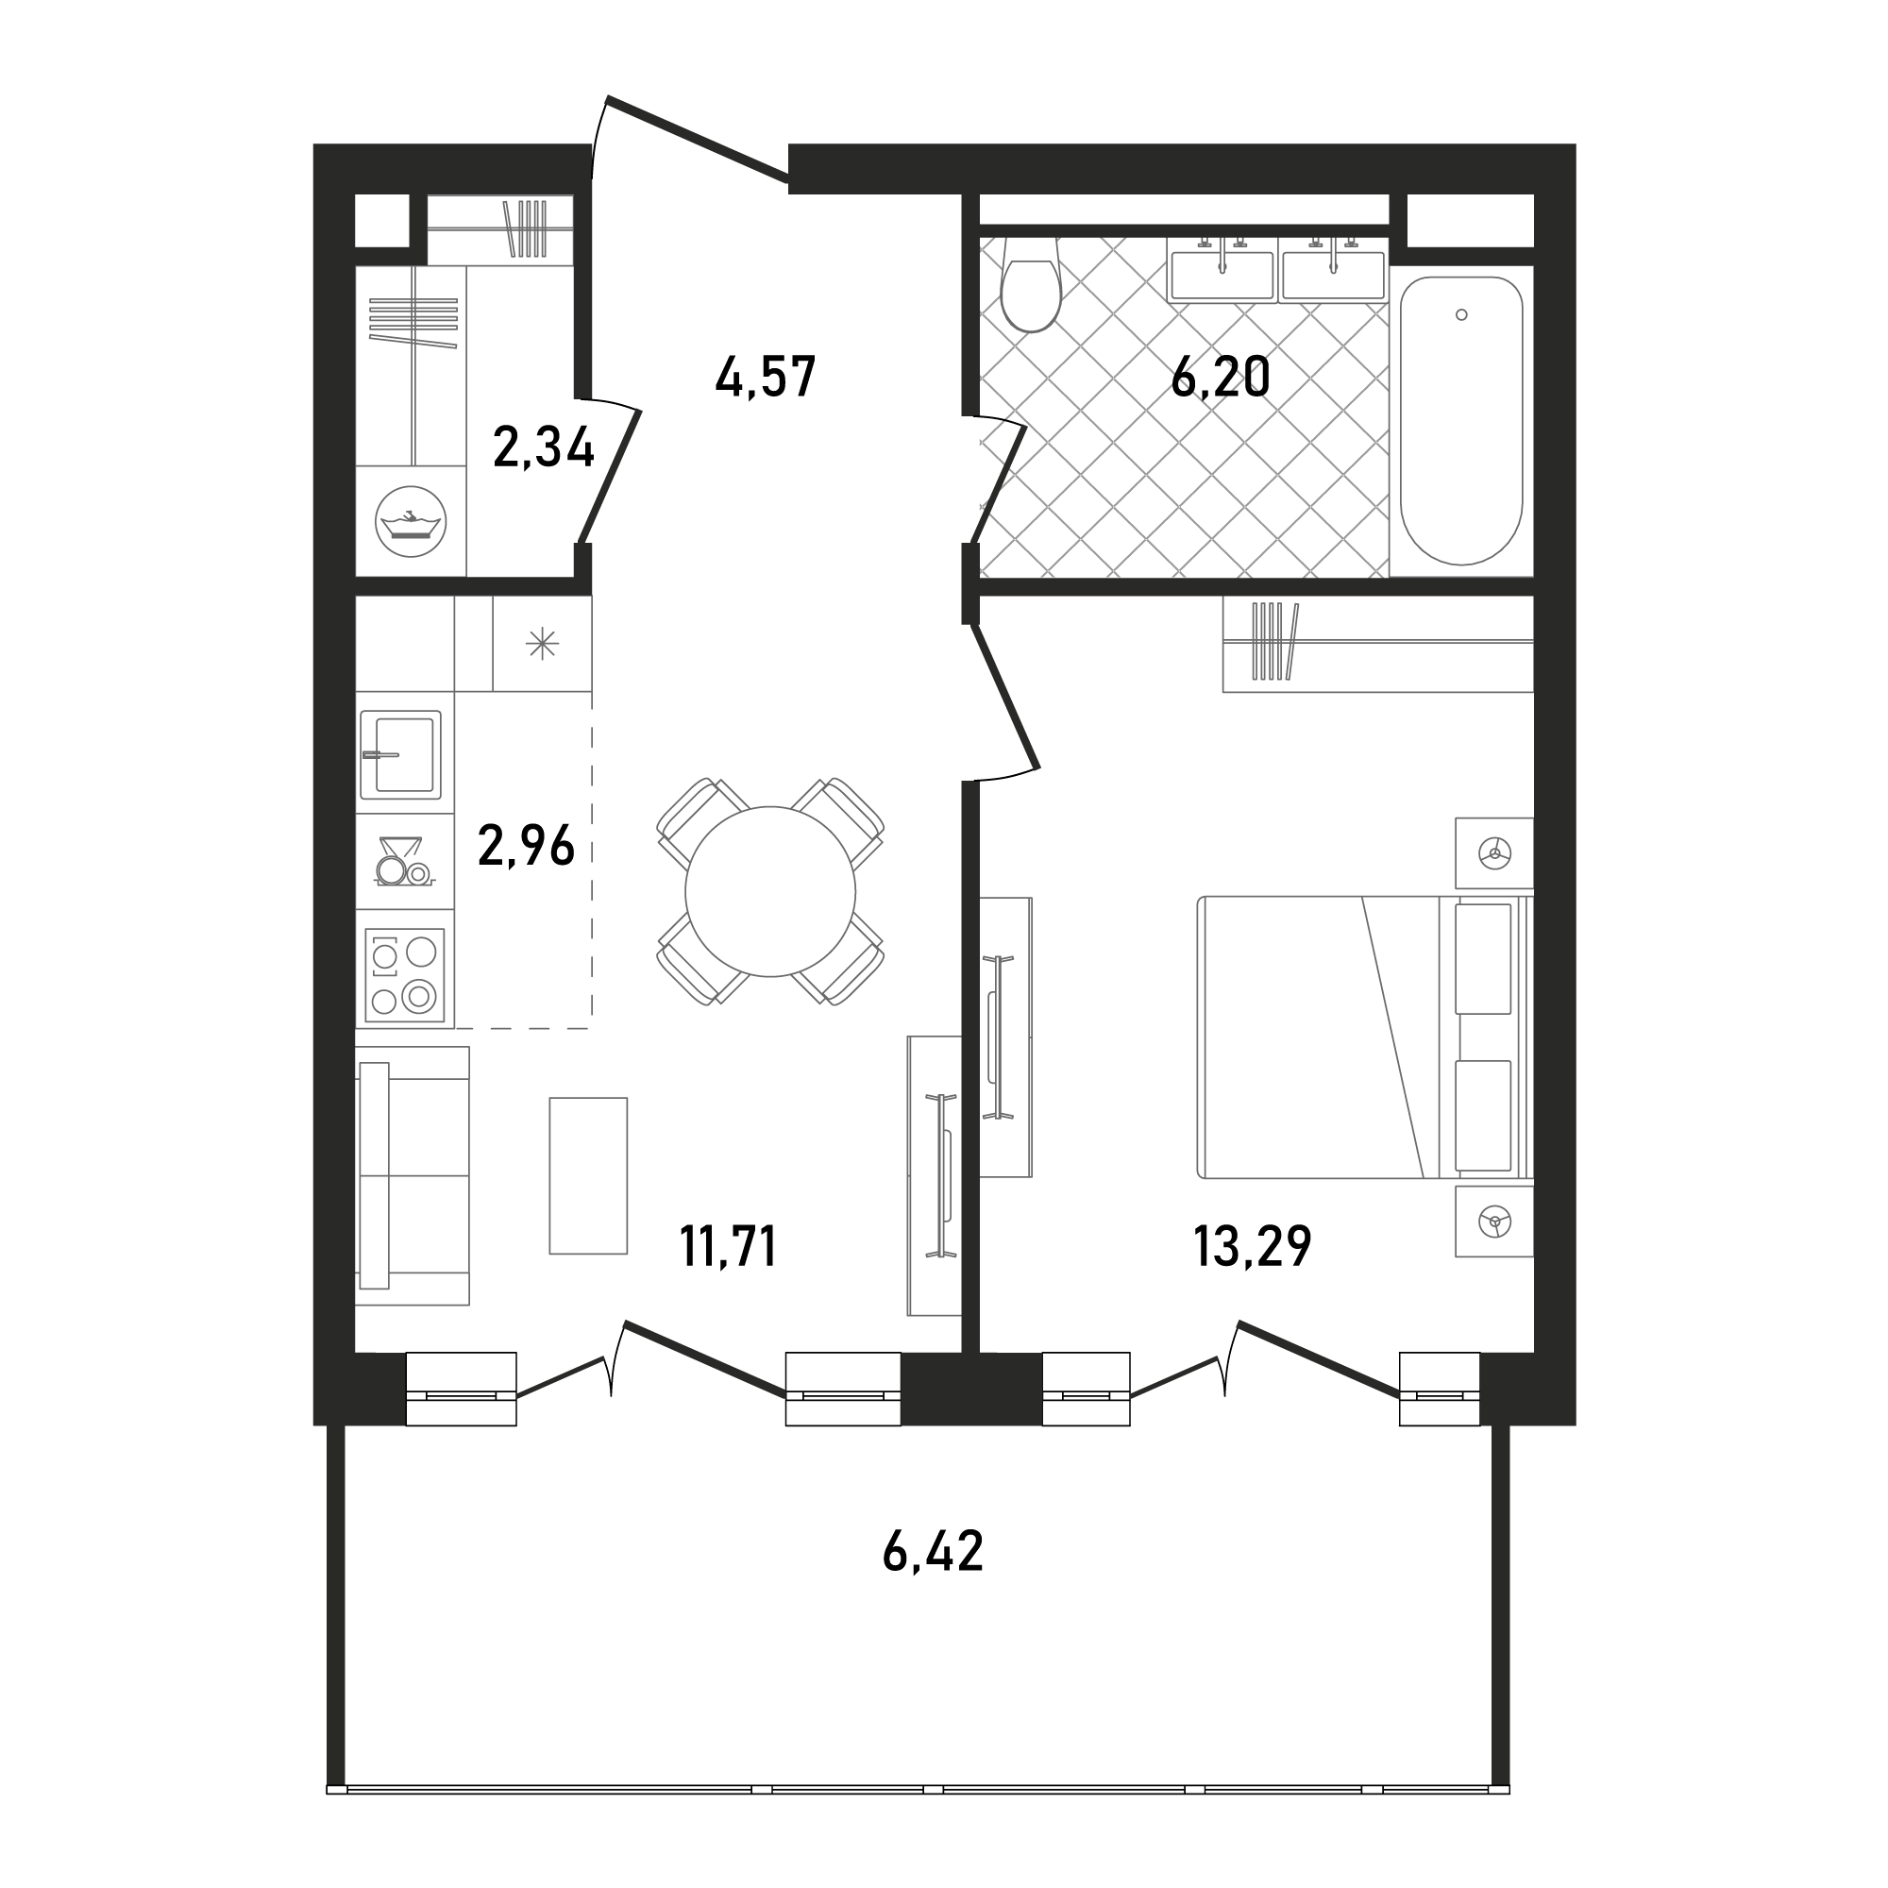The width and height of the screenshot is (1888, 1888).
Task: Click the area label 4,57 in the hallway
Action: (x=766, y=378)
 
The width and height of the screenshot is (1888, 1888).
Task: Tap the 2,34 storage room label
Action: (x=545, y=448)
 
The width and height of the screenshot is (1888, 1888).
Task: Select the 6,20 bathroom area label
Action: (x=1221, y=377)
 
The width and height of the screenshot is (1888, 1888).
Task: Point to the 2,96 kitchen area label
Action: (x=527, y=845)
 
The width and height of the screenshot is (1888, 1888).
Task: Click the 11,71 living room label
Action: (x=729, y=1247)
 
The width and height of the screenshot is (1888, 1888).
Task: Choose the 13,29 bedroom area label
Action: (x=1253, y=1247)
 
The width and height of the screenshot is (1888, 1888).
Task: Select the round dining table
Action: (x=770, y=891)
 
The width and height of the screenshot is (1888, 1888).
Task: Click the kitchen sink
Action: (x=400, y=753)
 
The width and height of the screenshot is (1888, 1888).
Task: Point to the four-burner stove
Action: (x=405, y=974)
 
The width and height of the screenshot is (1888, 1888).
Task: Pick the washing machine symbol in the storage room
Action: (x=411, y=522)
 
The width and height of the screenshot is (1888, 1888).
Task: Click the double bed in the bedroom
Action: (x=1364, y=1037)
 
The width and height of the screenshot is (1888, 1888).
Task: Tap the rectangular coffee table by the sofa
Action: (x=587, y=1174)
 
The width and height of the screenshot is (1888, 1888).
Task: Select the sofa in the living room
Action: (x=413, y=1175)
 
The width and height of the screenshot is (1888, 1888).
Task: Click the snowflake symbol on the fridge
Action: (x=543, y=643)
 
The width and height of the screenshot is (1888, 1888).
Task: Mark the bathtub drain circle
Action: (x=1461, y=314)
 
